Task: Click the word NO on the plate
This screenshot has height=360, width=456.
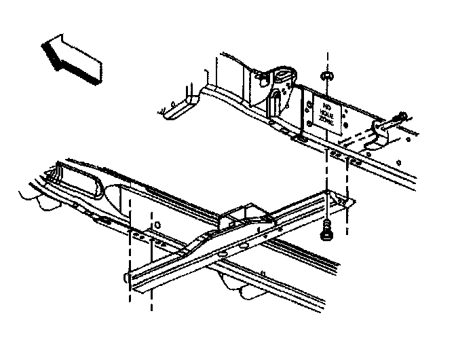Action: coord(326,107)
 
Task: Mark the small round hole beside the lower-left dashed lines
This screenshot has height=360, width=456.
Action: coord(157,224)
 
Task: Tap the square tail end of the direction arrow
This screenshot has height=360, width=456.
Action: coord(95,73)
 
